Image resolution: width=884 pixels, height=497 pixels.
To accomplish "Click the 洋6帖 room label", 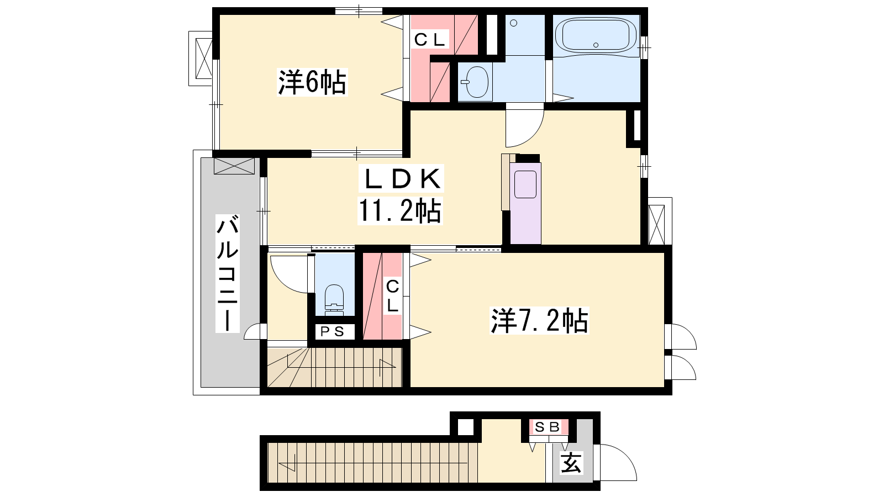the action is click(x=312, y=82).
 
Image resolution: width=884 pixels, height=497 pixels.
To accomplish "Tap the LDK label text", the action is click(x=401, y=179).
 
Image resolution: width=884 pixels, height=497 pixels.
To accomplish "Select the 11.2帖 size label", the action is click(x=400, y=210).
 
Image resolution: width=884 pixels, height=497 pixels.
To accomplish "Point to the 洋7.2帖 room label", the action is click(x=539, y=320).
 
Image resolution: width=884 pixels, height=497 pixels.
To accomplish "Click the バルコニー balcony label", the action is click(x=228, y=273).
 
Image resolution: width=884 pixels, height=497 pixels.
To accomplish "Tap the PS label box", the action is click(x=332, y=332).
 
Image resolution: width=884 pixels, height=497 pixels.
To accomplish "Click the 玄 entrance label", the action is click(x=571, y=463).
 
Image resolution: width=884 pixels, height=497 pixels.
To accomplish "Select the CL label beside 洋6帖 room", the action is click(x=429, y=39).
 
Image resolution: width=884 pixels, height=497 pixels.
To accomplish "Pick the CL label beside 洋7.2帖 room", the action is click(x=392, y=297).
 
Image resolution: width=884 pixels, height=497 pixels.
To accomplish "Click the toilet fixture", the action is click(x=334, y=300).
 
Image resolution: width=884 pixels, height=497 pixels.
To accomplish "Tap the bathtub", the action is click(x=596, y=36).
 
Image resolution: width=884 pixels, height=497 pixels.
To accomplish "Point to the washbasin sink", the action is click(x=477, y=82).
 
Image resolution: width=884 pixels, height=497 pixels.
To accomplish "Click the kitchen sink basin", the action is click(x=525, y=184).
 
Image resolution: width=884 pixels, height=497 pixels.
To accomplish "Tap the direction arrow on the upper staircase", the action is click(x=387, y=368).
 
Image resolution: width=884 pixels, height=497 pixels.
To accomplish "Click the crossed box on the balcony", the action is click(x=234, y=166).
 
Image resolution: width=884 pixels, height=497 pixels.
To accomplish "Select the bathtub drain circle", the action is click(x=596, y=45).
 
